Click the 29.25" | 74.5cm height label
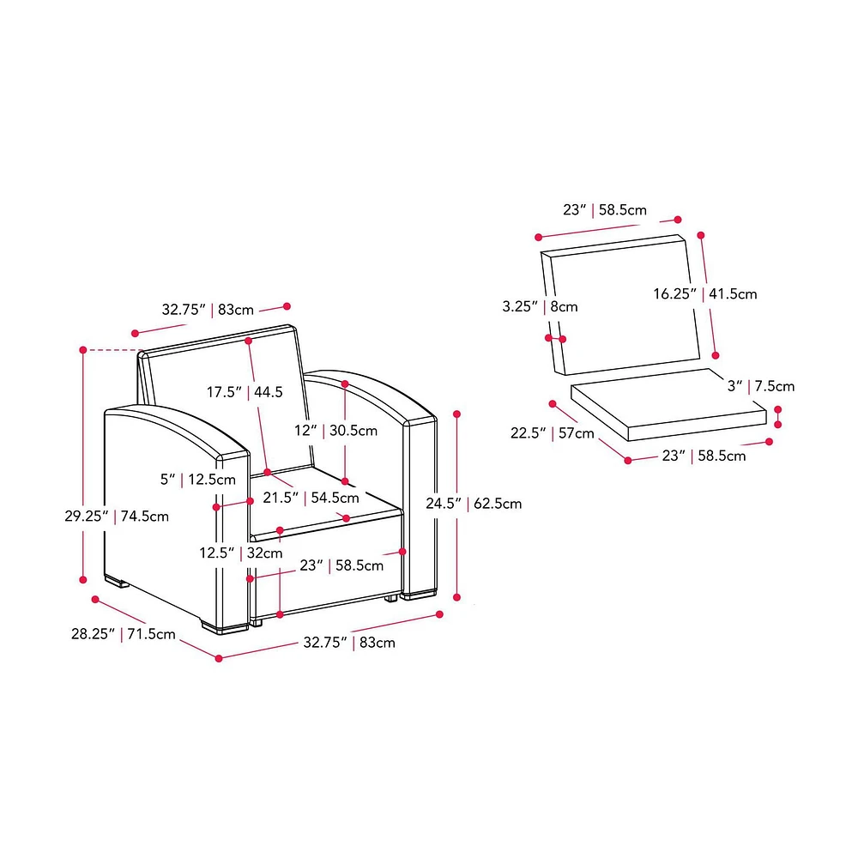point(117,516)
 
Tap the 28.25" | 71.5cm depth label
point(123,634)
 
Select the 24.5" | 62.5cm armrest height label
point(474,504)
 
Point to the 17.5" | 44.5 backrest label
point(245,392)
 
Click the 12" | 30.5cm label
point(335,431)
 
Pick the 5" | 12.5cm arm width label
point(197,480)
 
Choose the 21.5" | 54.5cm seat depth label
point(311,498)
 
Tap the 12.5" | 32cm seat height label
point(241,553)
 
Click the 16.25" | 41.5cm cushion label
point(704,293)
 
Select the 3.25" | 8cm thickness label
point(540,306)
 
